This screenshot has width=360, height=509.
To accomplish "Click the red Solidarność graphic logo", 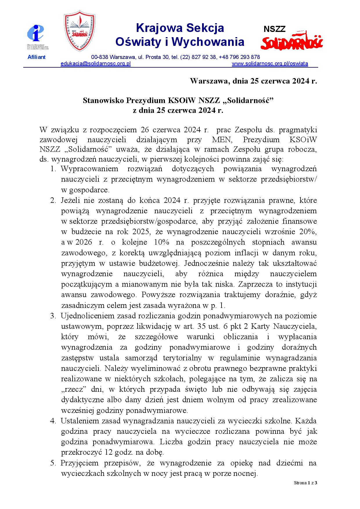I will (291, 41).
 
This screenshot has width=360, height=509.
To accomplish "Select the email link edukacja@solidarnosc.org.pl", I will (96, 64).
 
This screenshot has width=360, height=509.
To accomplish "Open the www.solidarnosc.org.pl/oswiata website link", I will (270, 64).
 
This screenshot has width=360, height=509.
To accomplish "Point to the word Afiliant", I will (36, 57).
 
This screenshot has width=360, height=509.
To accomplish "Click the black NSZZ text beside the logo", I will (274, 29).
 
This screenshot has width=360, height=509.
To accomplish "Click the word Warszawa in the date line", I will (210, 81).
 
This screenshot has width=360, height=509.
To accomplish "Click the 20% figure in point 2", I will (309, 232).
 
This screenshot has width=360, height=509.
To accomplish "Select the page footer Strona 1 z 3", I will (305, 483).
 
